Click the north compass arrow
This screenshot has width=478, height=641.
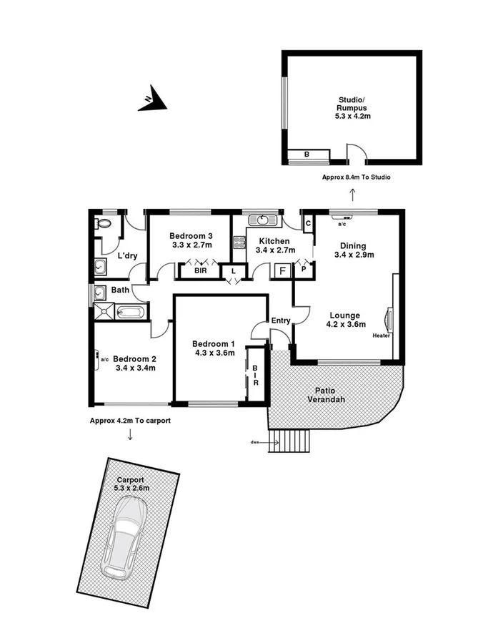pos(151,101)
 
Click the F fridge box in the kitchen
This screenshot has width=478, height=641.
pos(282,271)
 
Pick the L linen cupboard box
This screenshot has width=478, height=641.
pos(232,271)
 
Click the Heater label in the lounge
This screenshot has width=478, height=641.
pos(381,335)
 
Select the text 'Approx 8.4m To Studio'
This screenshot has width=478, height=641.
pos(356,177)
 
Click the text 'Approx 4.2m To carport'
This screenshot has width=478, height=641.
pos(130,421)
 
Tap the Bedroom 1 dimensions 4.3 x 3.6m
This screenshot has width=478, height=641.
pos(214,352)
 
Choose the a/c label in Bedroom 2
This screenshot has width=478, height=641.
pos(104,359)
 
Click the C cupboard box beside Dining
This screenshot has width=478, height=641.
pos(308,223)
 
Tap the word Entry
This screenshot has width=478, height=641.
pos(281,320)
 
